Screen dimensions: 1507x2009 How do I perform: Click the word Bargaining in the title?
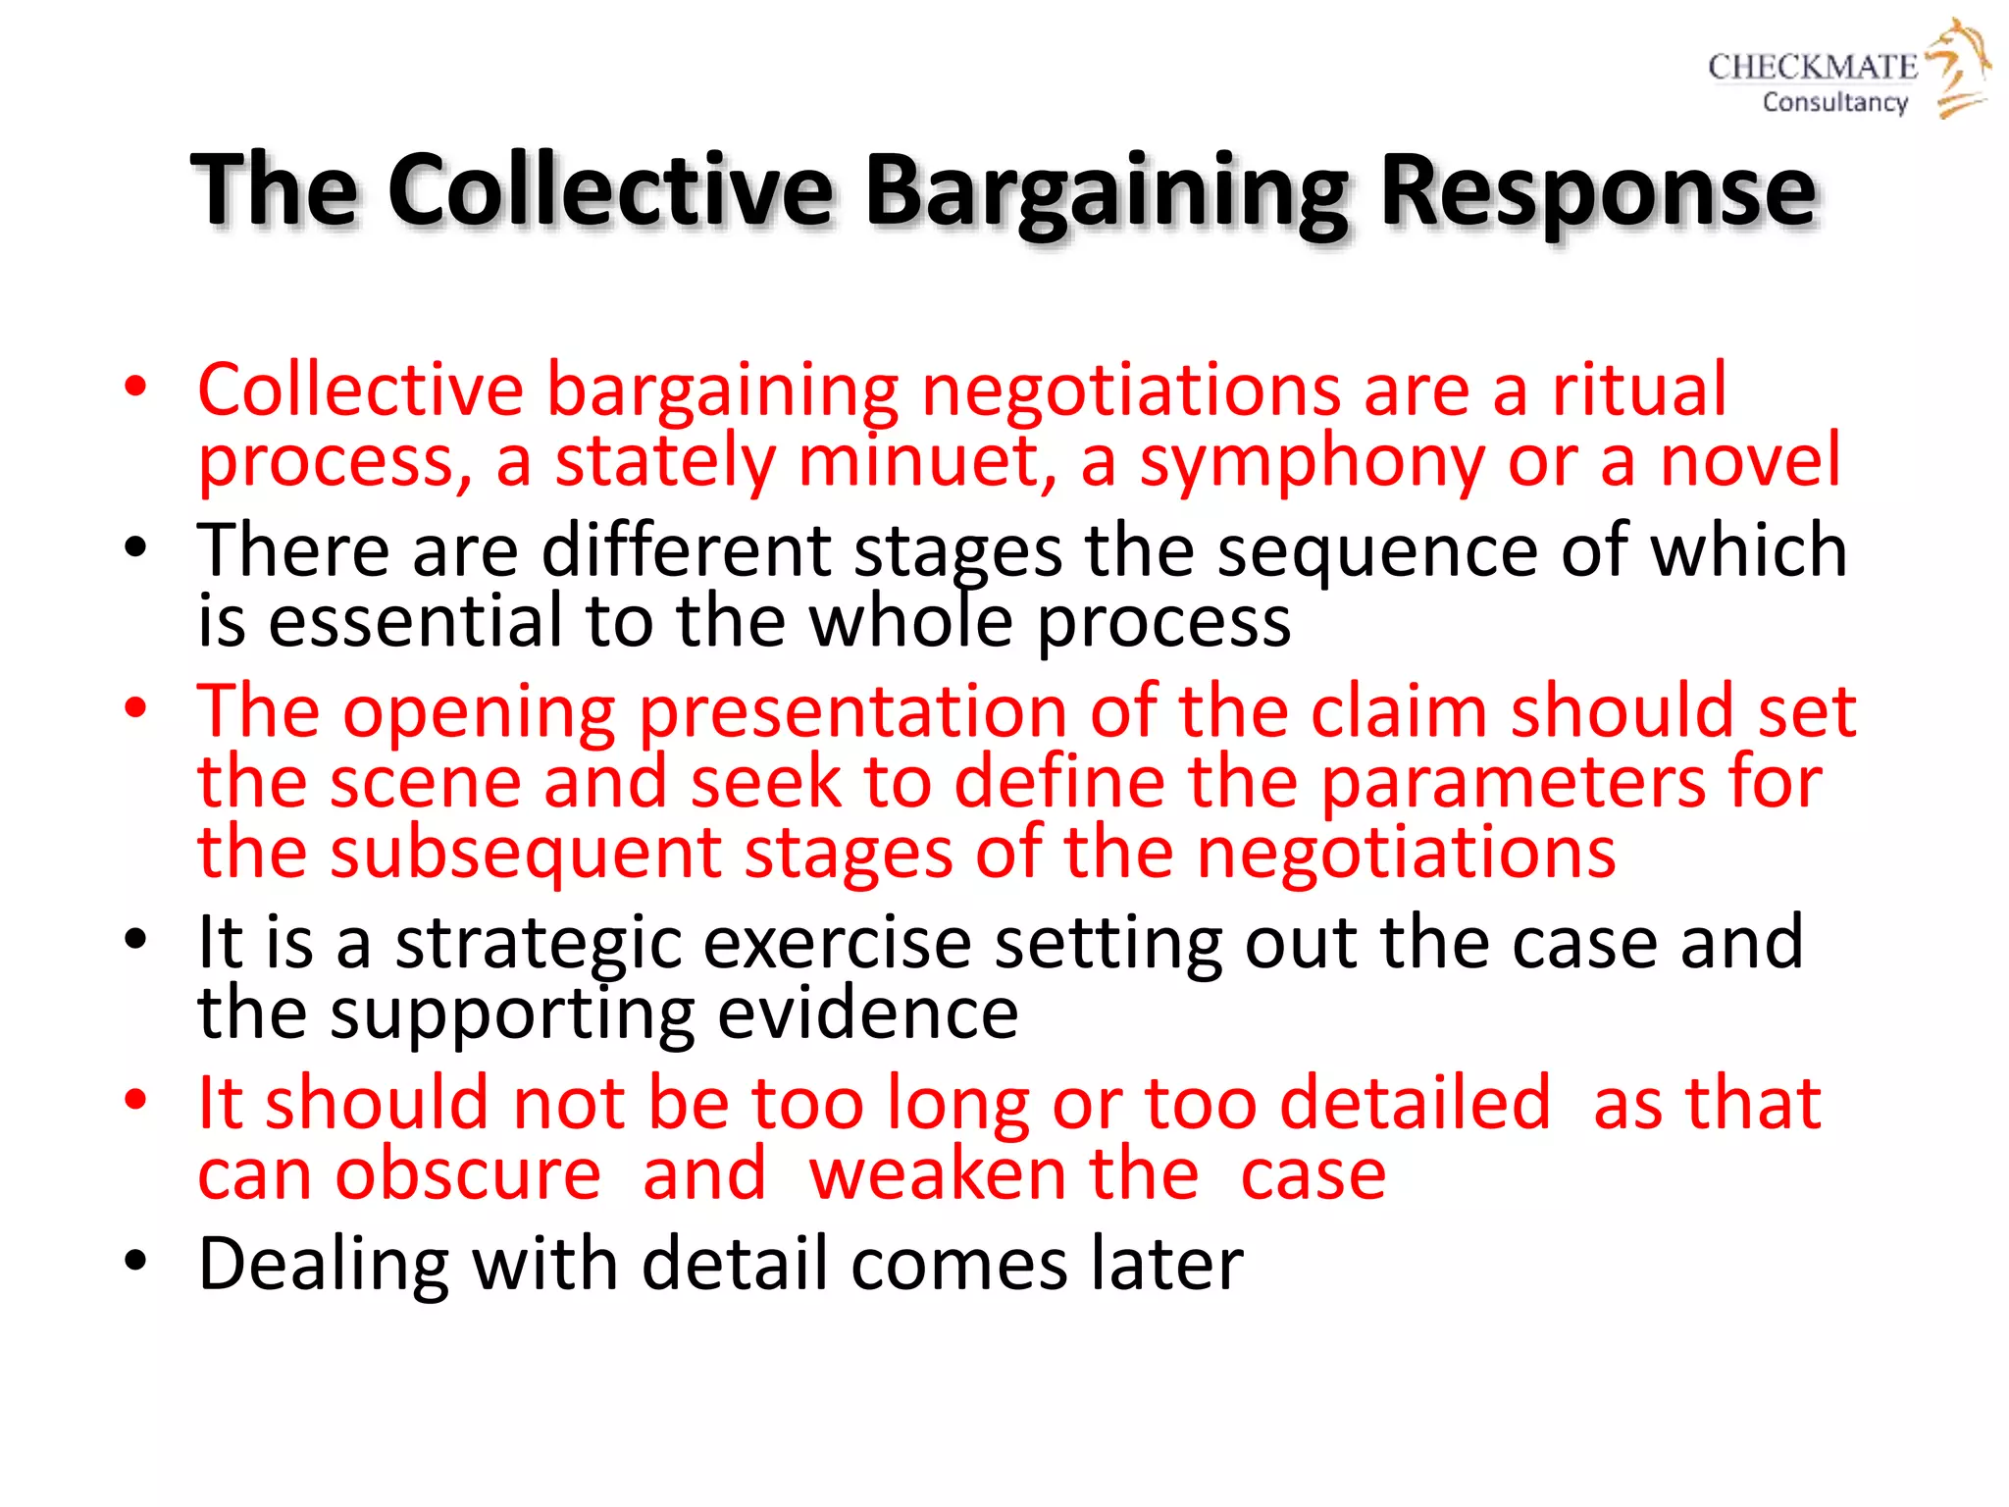(x=1107, y=191)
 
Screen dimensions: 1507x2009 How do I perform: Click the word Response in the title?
(x=1598, y=191)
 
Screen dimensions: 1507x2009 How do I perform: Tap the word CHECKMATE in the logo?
(x=1812, y=67)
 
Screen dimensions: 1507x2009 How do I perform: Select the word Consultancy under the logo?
(x=1834, y=102)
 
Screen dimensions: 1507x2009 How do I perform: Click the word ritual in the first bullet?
(x=1638, y=390)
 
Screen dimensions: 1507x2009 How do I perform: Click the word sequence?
(x=1377, y=551)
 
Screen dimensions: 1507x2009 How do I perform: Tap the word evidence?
(x=867, y=1013)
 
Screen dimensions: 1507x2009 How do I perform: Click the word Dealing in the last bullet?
(x=324, y=1265)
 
